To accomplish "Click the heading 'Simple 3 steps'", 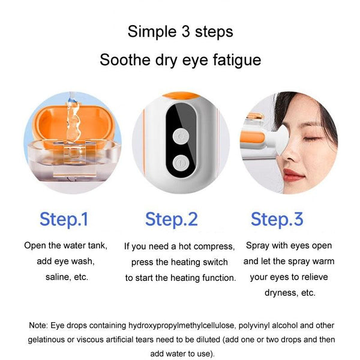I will (180, 31).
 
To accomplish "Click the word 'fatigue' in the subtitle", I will (235, 60).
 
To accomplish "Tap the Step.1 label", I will (64, 219).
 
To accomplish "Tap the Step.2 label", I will (171, 219).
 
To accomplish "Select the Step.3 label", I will (277, 219).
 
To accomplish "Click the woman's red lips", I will (292, 174).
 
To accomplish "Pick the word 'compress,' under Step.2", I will (212, 246).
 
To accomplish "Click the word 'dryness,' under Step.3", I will (281, 293).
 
